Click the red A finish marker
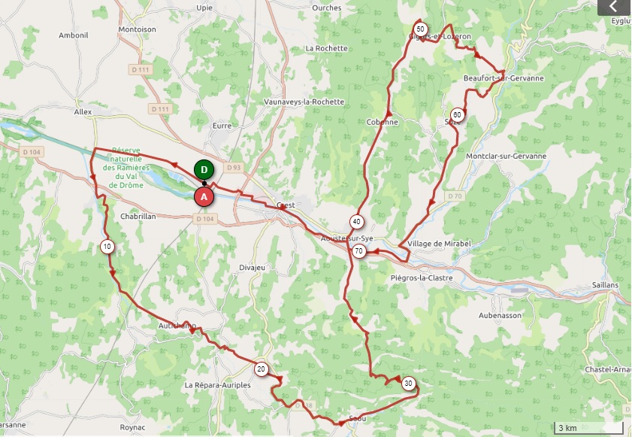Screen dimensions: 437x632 click(203, 197)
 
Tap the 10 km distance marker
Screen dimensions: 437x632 click(107, 246)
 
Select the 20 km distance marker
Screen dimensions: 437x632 click(261, 369)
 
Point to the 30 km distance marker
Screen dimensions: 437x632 click(408, 382)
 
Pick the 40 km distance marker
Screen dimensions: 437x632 click(356, 221)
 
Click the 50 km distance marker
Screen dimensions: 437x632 click(421, 29)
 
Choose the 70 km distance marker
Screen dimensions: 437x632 click(359, 251)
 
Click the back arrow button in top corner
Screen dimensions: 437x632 click(614, 7)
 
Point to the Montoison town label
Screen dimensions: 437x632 click(137, 30)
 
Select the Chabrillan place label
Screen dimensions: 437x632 click(138, 215)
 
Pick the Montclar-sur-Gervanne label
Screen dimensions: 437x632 click(506, 156)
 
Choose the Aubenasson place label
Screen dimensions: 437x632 click(499, 315)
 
